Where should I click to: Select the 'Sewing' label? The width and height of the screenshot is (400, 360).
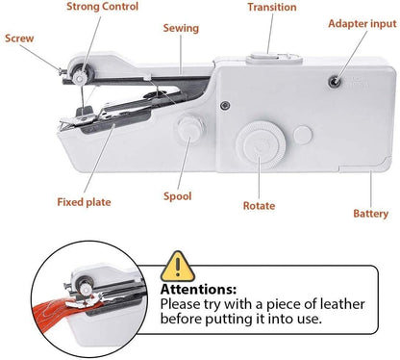pyautogui.click(x=180, y=29)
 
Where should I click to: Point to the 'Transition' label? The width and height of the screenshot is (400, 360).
pyautogui.click(x=271, y=8)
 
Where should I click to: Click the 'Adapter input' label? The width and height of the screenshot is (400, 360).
pyautogui.click(x=362, y=22)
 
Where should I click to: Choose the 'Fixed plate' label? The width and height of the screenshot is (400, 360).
pyautogui.click(x=84, y=202)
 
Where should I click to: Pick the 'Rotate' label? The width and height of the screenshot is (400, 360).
pyautogui.click(x=259, y=205)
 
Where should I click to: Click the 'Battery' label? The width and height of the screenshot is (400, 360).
pyautogui.click(x=370, y=214)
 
